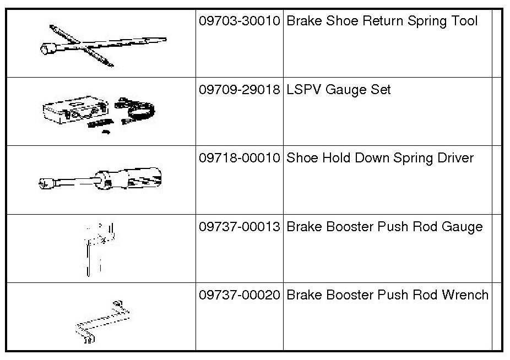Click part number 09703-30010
(240, 21)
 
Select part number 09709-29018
(240, 90)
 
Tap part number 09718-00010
(240, 159)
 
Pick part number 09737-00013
(240, 227)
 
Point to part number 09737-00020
(240, 295)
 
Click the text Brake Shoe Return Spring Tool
(382, 21)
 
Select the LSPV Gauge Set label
(339, 90)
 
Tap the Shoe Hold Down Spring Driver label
(380, 159)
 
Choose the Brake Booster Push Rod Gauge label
(385, 227)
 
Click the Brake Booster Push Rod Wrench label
(388, 295)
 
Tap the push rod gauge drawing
(99, 248)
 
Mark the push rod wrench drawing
(102, 322)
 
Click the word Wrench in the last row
(465, 295)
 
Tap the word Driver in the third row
(454, 159)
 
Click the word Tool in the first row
(464, 21)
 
